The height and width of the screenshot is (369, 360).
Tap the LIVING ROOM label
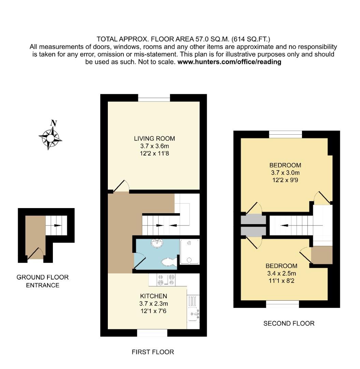(x=154, y=139)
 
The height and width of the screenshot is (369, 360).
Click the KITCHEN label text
(x=154, y=296)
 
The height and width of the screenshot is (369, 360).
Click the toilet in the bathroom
(x=168, y=262)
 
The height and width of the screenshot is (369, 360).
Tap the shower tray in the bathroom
(x=189, y=252)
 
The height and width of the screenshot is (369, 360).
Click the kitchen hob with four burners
(x=166, y=280)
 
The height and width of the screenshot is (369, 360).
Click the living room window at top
(x=154, y=99)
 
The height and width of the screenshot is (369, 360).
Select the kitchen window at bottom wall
(x=152, y=332)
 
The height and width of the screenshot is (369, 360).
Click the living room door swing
(x=120, y=185)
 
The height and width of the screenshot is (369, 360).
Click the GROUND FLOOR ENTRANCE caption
(x=43, y=281)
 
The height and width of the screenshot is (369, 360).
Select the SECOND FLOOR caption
(x=289, y=323)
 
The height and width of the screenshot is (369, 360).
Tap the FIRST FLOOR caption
(x=153, y=352)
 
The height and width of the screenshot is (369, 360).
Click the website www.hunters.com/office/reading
(x=229, y=62)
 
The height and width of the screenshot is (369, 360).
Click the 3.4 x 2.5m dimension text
(x=281, y=273)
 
